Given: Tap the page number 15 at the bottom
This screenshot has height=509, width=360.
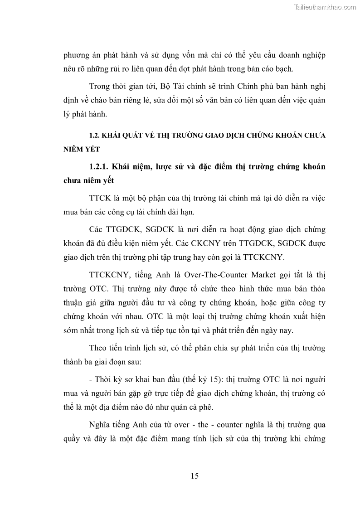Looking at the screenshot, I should [x=195, y=475].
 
